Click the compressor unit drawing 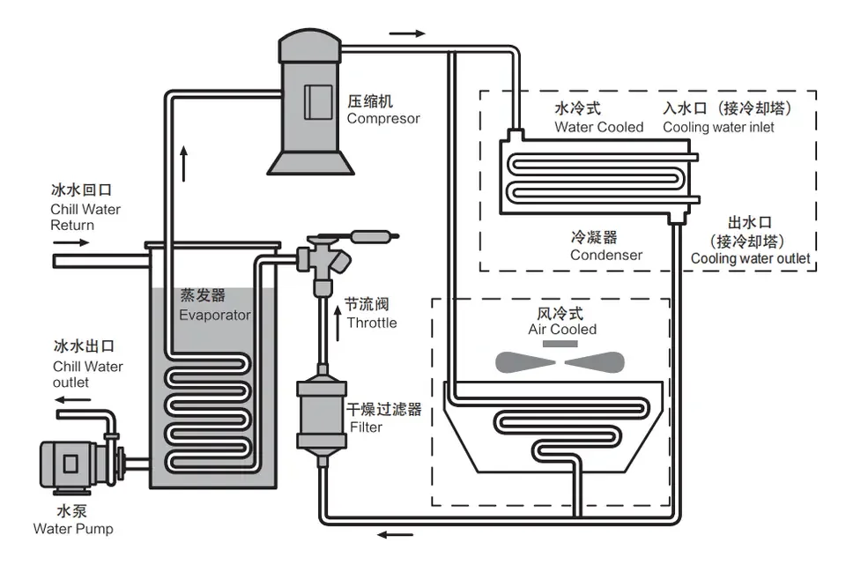311,101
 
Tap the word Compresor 383,118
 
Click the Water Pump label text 73,529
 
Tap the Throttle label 371,323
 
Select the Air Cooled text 562,330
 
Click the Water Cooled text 598,127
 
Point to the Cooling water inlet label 718,127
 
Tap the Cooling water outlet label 750,258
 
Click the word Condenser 605,256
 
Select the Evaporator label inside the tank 215,315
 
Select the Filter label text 367,427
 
